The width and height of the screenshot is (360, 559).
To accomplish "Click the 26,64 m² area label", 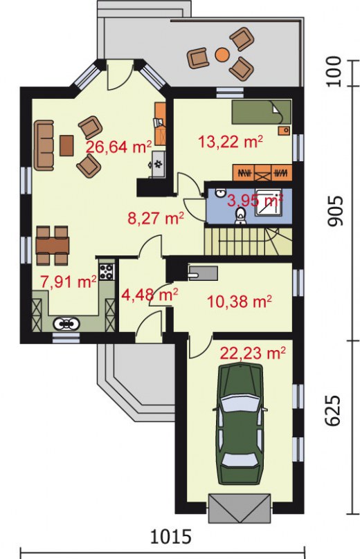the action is pos(119,147).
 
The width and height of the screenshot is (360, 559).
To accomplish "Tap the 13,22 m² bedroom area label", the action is pos(230,143).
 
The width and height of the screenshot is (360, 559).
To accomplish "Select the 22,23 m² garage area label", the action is pos(253,354).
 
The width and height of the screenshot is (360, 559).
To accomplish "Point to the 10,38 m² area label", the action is pos(239,302).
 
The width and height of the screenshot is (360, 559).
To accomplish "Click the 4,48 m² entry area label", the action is pos(150,295).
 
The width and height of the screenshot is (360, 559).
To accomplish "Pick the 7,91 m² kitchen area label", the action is pos(68,282).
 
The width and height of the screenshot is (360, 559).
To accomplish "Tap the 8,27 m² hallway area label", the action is pos(156,218).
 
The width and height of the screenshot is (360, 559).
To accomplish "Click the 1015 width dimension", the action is pos(171,536).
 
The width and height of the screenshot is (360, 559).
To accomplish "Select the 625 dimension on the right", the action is pos(333,410).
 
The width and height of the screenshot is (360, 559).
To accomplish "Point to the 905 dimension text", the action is pos(335,211).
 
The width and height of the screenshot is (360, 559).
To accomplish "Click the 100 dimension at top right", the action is pos(334,73).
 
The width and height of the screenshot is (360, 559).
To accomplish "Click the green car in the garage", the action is pos(240,424).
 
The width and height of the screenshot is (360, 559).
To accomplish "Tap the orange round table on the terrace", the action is pos(222,54).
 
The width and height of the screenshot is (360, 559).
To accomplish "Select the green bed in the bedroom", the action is pos(262,112).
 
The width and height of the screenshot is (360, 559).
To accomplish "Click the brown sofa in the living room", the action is pos(44,145).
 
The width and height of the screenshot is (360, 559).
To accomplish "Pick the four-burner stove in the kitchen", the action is pos(107,272).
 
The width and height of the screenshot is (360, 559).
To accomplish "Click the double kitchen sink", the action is pos(66,324).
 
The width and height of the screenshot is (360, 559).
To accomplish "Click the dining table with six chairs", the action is pos(52,246).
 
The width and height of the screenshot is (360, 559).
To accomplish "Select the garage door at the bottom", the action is pos(239,508).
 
